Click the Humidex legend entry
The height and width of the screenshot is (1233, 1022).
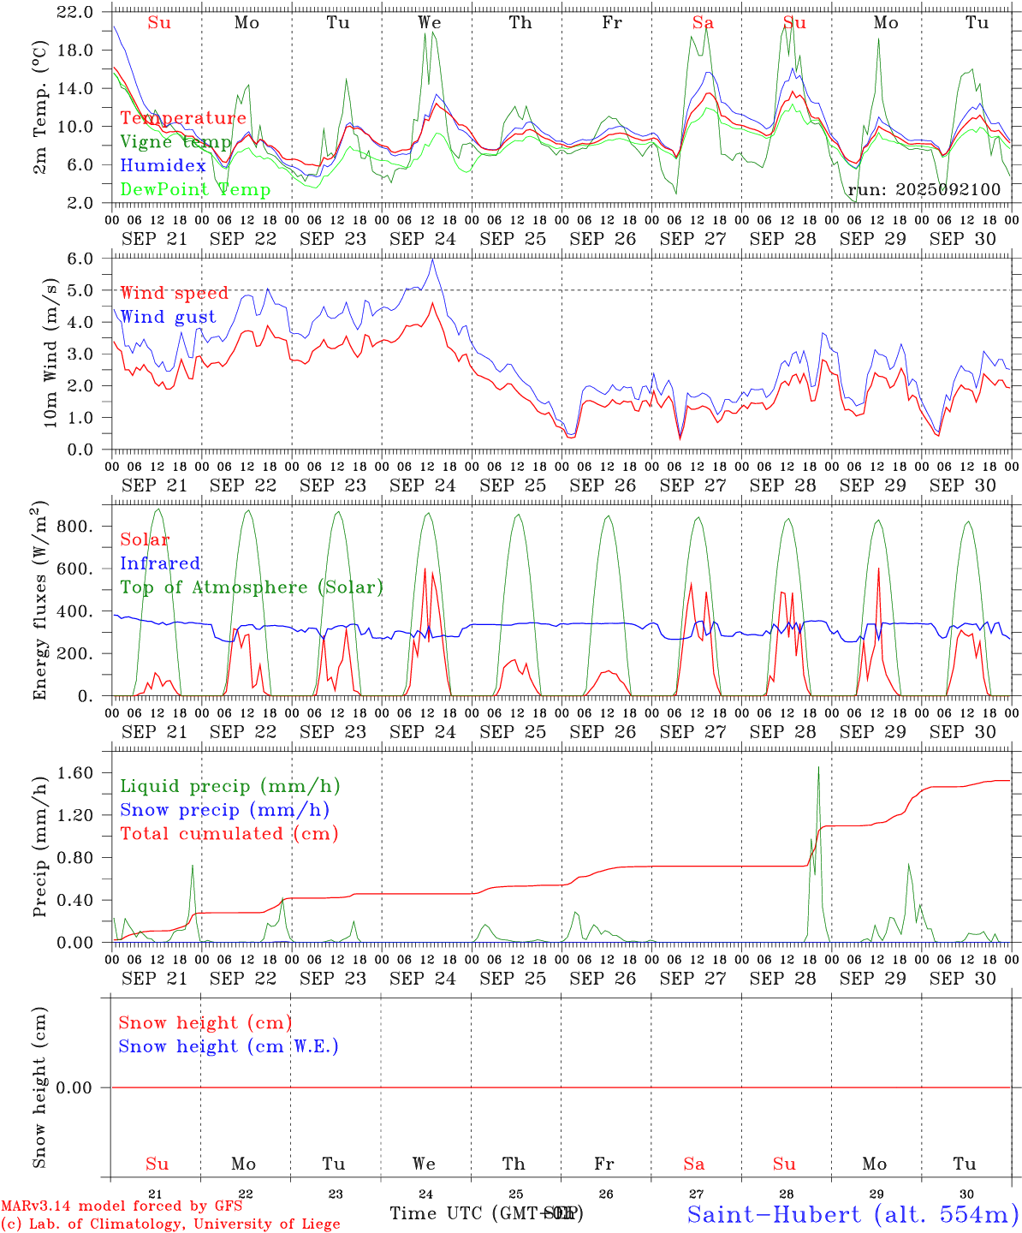[163, 166]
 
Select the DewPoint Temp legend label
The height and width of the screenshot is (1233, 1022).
[195, 190]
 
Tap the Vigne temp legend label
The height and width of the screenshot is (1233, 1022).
[175, 142]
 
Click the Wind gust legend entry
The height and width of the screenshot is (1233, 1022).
[168, 317]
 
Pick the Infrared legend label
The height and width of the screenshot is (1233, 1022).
[160, 563]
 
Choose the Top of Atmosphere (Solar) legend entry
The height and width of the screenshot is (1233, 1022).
[251, 587]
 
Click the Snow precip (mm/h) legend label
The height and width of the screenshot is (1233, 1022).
[224, 810]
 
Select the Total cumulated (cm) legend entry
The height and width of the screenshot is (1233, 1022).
[229, 834]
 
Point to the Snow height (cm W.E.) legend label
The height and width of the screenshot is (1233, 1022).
[229, 1046]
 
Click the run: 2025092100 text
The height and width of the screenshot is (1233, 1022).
[924, 190]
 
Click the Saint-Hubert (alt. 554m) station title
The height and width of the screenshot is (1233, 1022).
[853, 1214]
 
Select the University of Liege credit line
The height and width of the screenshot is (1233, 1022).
[170, 1224]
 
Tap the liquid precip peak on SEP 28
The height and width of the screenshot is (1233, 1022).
[818, 766]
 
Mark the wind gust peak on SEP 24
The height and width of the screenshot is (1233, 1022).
[433, 259]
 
